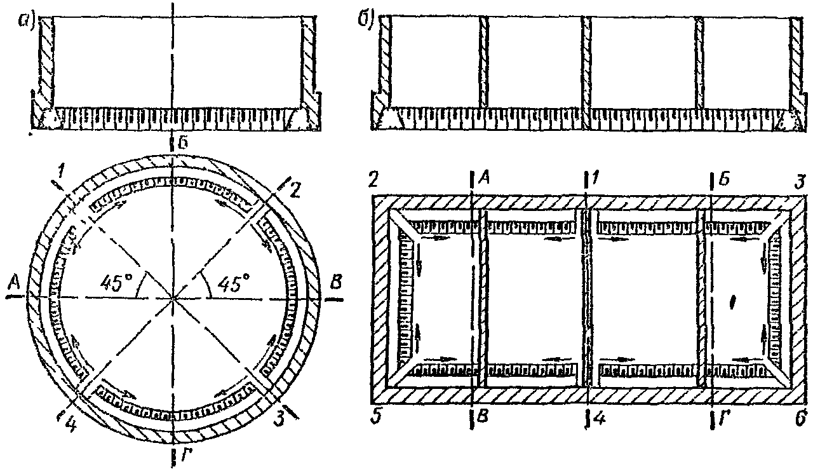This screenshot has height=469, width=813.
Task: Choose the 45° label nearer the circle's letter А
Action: pyautogui.click(x=115, y=283)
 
